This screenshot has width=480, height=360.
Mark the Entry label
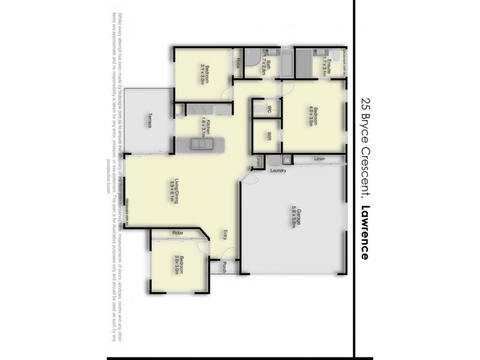coord(225,235)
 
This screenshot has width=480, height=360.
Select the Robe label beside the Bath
coord(238,61)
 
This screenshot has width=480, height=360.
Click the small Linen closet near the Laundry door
coord(259,161)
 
